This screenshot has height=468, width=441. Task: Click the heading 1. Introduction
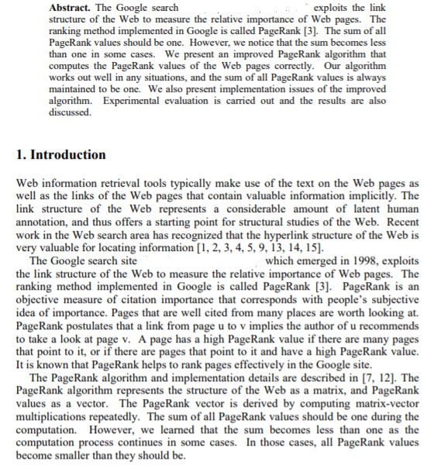tap(62, 154)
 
